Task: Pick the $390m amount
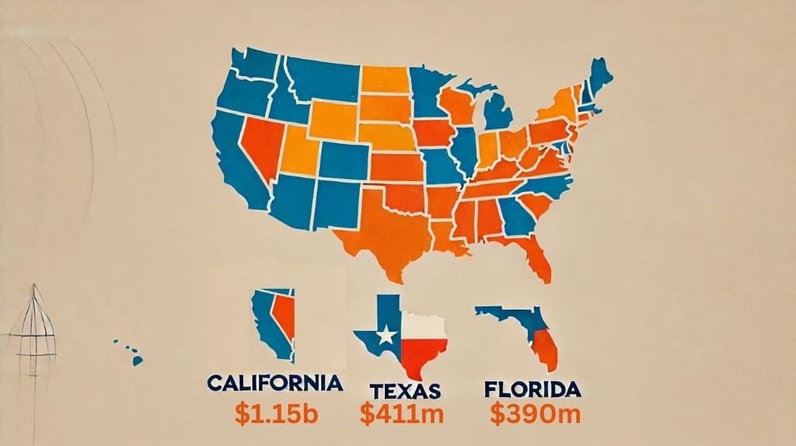pos(536,413)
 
